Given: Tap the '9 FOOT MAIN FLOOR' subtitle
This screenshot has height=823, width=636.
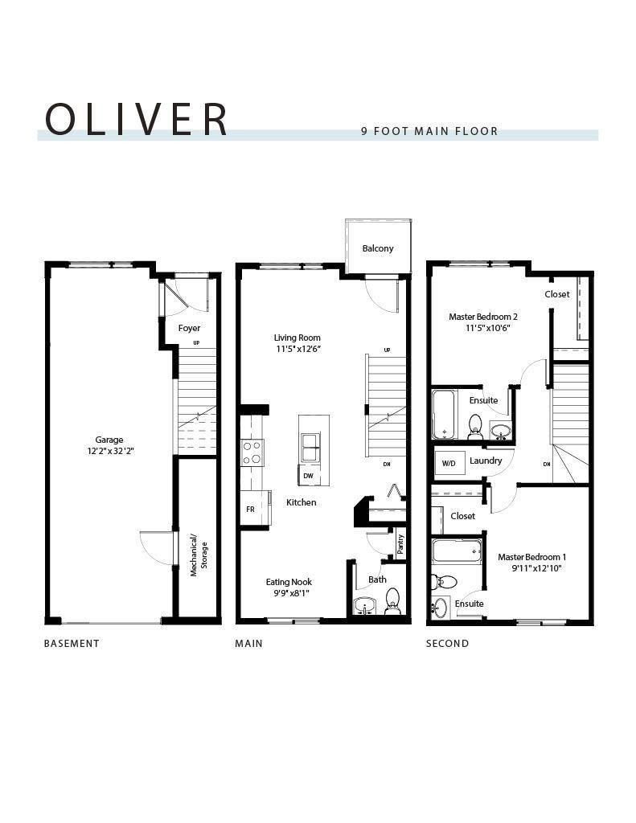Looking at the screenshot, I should click(x=429, y=131).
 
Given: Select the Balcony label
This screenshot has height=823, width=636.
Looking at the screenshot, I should click(x=378, y=248).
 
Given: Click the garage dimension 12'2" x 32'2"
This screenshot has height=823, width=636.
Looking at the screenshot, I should click(x=109, y=452).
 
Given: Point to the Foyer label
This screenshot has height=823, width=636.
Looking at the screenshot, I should click(x=189, y=328).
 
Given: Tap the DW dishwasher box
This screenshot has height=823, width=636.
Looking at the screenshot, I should click(x=309, y=476).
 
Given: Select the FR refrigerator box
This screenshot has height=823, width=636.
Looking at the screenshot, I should click(x=250, y=510).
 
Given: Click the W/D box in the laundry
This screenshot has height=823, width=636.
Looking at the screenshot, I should click(x=447, y=462).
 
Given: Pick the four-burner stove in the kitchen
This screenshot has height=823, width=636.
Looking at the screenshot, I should click(x=252, y=452).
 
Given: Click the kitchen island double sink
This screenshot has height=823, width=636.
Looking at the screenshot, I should click(x=310, y=445).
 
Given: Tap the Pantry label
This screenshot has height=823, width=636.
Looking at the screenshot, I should click(x=400, y=544).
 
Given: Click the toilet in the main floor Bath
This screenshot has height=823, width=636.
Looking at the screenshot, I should click(x=392, y=600).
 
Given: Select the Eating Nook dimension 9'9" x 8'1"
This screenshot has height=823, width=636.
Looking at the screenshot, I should click(x=289, y=593).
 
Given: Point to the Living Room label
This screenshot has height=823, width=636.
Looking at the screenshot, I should click(x=297, y=338).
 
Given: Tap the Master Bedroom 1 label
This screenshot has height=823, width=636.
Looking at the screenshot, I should click(x=531, y=557).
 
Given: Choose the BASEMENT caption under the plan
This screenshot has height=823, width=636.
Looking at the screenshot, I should click(x=72, y=643).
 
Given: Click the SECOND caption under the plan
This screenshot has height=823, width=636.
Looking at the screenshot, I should click(x=447, y=643).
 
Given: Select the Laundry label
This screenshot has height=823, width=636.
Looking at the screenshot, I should click(x=486, y=461).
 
